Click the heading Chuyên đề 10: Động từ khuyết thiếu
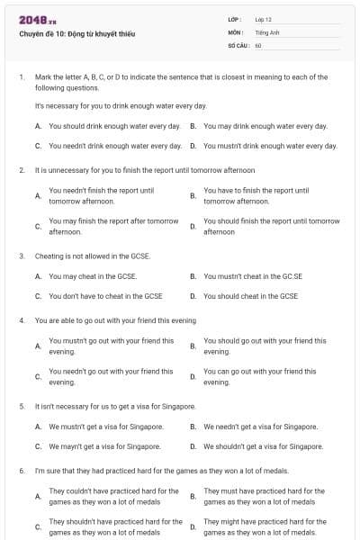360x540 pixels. tap(76, 33)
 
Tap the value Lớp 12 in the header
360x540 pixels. tap(263, 19)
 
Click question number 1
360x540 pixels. tap(21, 77)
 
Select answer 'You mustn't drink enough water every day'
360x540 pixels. tap(270, 145)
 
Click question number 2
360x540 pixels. tap(21, 169)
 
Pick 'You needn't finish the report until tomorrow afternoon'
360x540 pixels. tap(101, 195)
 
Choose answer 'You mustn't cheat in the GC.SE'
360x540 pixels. tap(253, 276)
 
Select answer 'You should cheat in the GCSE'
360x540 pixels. tap(250, 295)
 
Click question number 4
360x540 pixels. tap(21, 320)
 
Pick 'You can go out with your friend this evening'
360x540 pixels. tap(265, 376)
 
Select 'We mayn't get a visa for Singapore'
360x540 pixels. tap(104, 445)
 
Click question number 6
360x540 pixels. tap(21, 471)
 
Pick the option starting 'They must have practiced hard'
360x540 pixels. tap(265, 497)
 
